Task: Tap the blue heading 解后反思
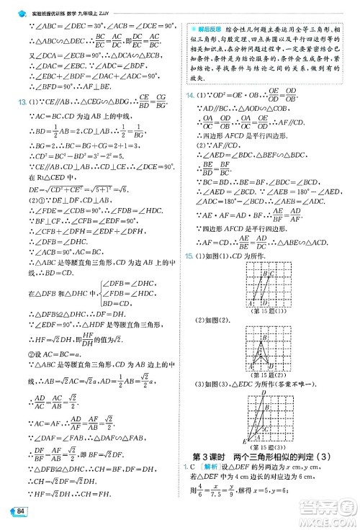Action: (x=210, y=24)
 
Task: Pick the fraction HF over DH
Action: (x=88, y=338)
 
